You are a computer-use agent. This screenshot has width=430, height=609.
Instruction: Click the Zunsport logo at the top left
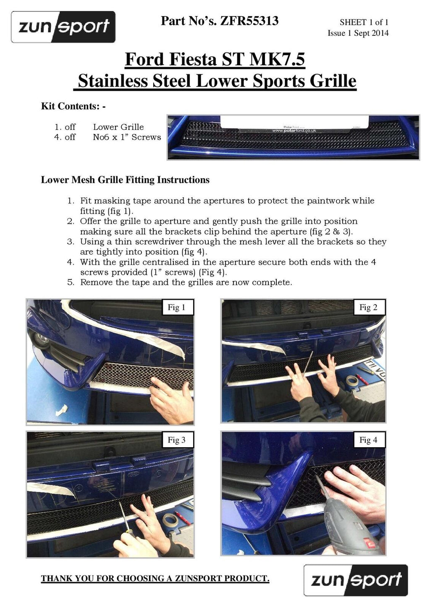[x=63, y=27]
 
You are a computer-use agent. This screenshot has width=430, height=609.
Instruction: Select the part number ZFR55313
[x=249, y=21]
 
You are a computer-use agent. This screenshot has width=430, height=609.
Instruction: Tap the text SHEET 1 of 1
[x=364, y=22]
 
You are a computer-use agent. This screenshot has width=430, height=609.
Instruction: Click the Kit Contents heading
[x=73, y=106]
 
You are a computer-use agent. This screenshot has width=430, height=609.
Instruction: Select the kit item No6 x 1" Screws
[x=127, y=137]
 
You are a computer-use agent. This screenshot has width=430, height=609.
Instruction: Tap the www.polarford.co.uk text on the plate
[x=294, y=131]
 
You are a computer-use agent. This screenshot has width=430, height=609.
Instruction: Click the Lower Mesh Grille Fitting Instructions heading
[x=125, y=180]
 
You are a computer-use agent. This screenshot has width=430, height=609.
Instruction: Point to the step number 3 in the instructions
[x=71, y=242]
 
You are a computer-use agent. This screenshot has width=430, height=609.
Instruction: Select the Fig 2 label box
[x=369, y=307]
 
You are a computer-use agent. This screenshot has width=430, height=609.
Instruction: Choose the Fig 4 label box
[x=369, y=440]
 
